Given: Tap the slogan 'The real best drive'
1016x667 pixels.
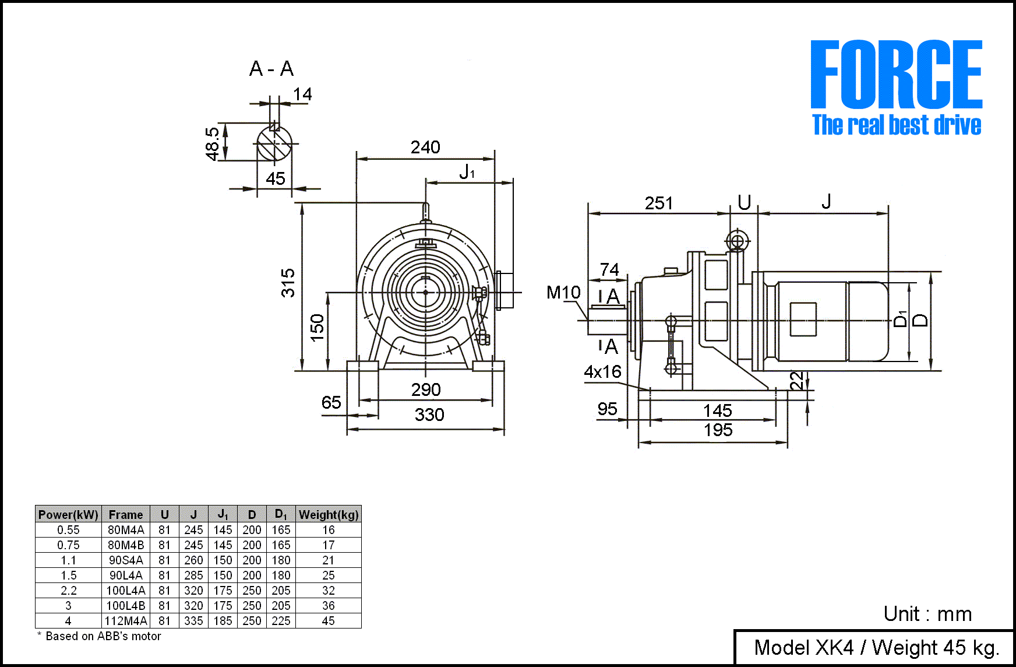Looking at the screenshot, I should tap(897, 125).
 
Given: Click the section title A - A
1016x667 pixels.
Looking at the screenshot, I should tap(271, 69).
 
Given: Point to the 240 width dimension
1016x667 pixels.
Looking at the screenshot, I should tap(425, 148).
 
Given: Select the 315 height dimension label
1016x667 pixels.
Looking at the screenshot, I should tap(288, 283).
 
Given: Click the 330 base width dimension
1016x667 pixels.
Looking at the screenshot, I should tap(429, 415).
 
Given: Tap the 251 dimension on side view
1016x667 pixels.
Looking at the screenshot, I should tap(659, 203).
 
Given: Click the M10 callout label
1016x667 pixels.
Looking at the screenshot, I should tap(563, 292).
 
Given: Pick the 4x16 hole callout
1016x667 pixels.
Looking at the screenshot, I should tap(602, 371).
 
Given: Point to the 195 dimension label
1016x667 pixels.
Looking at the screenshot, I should tap(718, 430).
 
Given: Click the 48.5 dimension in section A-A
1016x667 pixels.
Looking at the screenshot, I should tap(213, 143).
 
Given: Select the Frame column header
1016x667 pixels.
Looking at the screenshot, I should tap(126, 514).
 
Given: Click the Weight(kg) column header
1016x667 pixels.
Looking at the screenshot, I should tap(329, 514).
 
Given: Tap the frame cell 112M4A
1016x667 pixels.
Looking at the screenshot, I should tap(126, 621).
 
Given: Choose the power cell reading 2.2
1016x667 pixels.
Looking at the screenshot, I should tap(68, 591).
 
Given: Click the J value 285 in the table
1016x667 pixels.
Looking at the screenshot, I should tap(193, 575).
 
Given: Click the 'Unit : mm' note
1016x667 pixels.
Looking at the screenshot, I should tap(927, 613).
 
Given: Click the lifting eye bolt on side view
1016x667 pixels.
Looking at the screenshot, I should tap(738, 241).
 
